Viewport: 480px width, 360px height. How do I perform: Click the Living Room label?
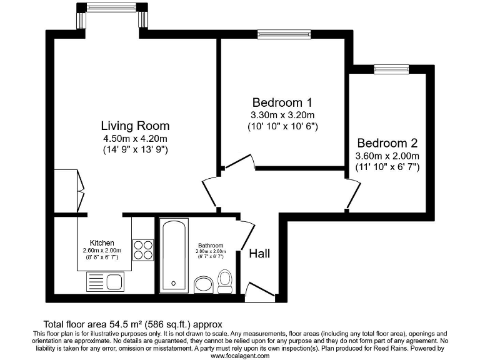(135, 126)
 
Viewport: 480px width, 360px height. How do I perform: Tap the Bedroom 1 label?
(282, 102)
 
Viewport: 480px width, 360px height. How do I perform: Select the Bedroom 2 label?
(387, 143)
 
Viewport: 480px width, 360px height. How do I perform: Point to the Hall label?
(259, 253)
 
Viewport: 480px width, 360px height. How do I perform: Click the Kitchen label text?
(102, 242)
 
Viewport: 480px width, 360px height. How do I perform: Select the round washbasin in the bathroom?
(204, 286)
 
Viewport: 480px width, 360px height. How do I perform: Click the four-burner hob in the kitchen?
(142, 249)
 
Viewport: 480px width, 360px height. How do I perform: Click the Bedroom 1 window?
(284, 34)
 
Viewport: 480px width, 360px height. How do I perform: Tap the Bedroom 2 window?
(391, 69)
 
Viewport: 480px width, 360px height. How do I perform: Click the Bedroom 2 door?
(352, 193)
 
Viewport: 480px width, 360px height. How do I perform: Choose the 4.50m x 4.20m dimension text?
(135, 139)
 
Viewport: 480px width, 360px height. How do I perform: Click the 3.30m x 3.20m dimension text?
(282, 115)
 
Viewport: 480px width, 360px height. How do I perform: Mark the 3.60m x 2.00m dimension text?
(387, 156)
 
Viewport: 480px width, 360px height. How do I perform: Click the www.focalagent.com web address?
(240, 356)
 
